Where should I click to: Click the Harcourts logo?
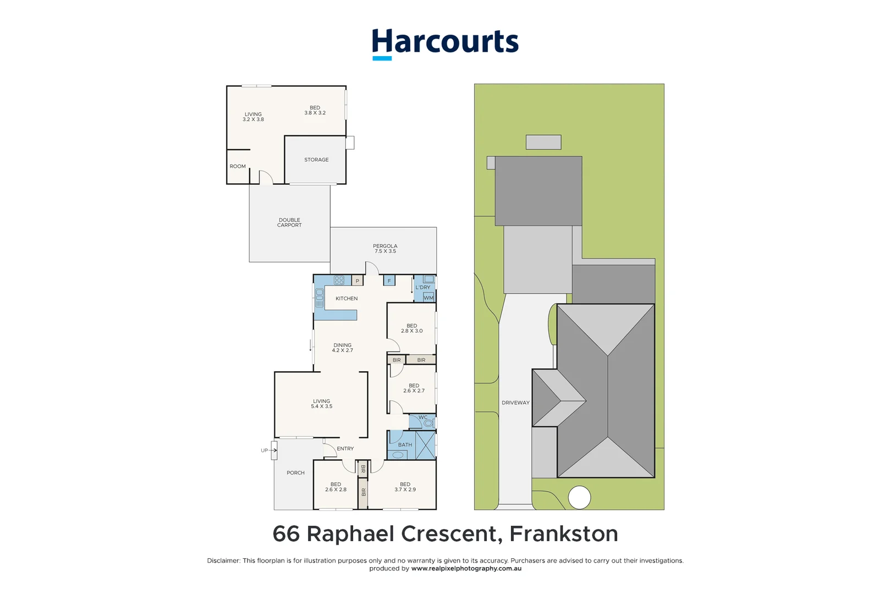tap(445, 43)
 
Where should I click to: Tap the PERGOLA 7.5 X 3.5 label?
tap(385, 249)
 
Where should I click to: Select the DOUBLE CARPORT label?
tap(289, 222)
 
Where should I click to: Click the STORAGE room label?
tap(316, 159)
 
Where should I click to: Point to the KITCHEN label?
tap(346, 299)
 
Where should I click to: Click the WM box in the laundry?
tap(428, 298)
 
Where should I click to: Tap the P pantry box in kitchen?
tap(358, 281)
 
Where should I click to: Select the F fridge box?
tap(389, 281)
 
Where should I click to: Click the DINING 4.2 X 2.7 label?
tap(342, 348)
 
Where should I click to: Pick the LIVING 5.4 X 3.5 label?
tap(322, 404)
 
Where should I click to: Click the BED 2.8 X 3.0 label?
tap(412, 328)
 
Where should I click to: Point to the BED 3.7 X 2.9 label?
tap(405, 487)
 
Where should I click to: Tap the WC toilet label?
tap(423, 417)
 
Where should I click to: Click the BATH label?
tap(405, 445)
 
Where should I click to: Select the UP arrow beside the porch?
tap(268, 450)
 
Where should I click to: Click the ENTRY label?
tap(345, 449)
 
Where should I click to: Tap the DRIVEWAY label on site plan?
tap(515, 403)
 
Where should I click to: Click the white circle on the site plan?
tap(579, 498)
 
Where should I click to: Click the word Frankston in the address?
tap(564, 534)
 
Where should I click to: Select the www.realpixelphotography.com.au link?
tap(466, 569)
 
